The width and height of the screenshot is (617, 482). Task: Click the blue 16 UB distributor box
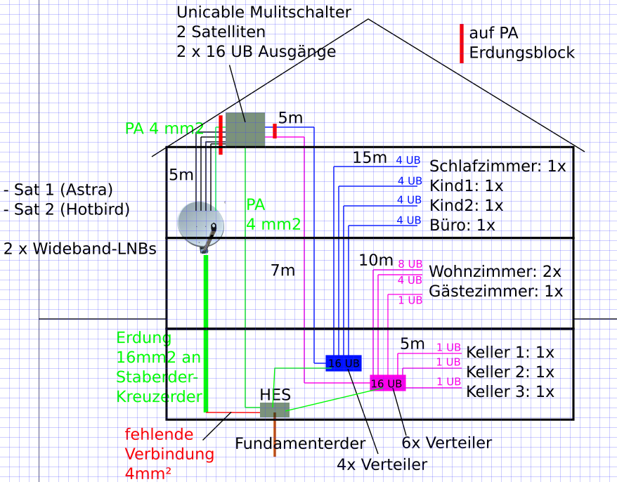[344, 363]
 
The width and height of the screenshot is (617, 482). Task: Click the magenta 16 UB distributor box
[387, 383]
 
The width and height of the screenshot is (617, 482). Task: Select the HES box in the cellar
[275, 410]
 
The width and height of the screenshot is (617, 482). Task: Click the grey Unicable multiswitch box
[245, 129]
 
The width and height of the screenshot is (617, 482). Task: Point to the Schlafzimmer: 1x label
[498, 167]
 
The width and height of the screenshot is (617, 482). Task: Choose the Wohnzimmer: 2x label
[495, 271]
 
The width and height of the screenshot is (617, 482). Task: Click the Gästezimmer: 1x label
[495, 291]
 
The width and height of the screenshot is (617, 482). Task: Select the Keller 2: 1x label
[510, 372]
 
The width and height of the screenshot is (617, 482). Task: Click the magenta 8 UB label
[410, 264]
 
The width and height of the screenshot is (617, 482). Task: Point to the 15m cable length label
[370, 157]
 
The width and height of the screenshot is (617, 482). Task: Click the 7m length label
[282, 270]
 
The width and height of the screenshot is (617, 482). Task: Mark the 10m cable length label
[376, 260]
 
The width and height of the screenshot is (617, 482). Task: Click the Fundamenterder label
[300, 443]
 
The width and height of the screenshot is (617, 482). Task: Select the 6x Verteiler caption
[446, 443]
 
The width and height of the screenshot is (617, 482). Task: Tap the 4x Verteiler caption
[382, 464]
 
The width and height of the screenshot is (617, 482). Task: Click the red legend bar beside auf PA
[462, 44]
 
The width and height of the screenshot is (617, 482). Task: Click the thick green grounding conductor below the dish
[206, 330]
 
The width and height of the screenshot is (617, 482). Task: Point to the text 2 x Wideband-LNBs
[79, 249]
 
